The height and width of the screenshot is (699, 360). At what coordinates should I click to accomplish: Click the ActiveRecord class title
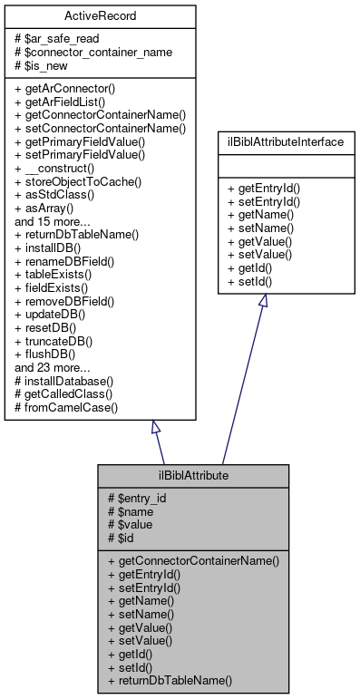point(102,16)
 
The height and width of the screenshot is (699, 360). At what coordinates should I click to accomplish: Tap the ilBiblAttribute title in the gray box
point(193,475)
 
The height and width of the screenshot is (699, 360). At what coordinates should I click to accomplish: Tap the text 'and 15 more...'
point(53,220)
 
